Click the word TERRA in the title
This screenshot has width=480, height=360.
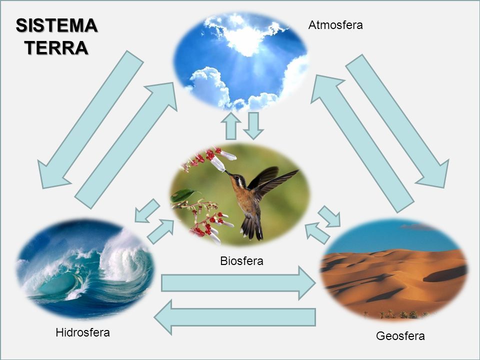(56, 47)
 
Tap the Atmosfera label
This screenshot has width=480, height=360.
(335, 25)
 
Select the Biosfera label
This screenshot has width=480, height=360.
(241, 260)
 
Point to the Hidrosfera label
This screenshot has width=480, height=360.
(82, 332)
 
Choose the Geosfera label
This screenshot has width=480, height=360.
(400, 336)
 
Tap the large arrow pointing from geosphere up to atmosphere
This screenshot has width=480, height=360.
(360, 140)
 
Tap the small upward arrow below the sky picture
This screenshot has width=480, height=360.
(231, 126)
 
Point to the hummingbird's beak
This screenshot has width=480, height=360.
(227, 173)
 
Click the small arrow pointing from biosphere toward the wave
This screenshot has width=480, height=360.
(146, 211)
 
